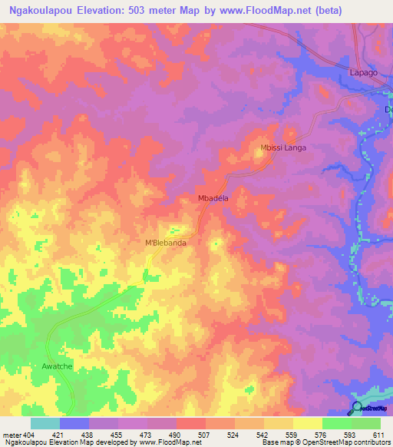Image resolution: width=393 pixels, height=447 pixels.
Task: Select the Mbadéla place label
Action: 214,197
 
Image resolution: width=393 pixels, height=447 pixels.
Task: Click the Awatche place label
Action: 57,366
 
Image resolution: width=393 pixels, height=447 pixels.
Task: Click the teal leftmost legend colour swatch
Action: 45,423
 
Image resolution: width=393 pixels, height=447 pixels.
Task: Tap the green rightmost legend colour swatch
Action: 366,423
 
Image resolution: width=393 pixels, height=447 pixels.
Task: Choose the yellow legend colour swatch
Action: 279,423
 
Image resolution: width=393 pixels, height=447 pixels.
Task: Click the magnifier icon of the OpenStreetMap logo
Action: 357,408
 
